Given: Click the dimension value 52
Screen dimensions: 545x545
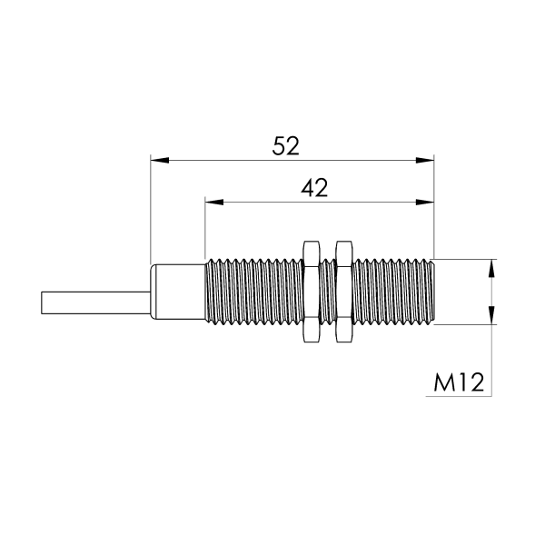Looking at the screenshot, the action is click(285, 146).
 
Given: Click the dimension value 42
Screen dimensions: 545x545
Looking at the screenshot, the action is click(314, 188).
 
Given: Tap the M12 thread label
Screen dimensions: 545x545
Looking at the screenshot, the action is click(459, 382).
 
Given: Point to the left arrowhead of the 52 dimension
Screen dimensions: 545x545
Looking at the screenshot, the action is click(160, 160).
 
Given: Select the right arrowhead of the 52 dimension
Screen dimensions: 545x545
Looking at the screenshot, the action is click(425, 160).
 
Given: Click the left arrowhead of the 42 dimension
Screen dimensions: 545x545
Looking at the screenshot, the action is click(214, 202).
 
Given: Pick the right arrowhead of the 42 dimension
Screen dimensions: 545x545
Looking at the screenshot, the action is click(425, 202).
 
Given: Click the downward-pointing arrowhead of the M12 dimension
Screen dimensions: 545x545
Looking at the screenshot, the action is click(491, 315).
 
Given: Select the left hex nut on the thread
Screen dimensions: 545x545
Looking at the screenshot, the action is click(312, 292).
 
